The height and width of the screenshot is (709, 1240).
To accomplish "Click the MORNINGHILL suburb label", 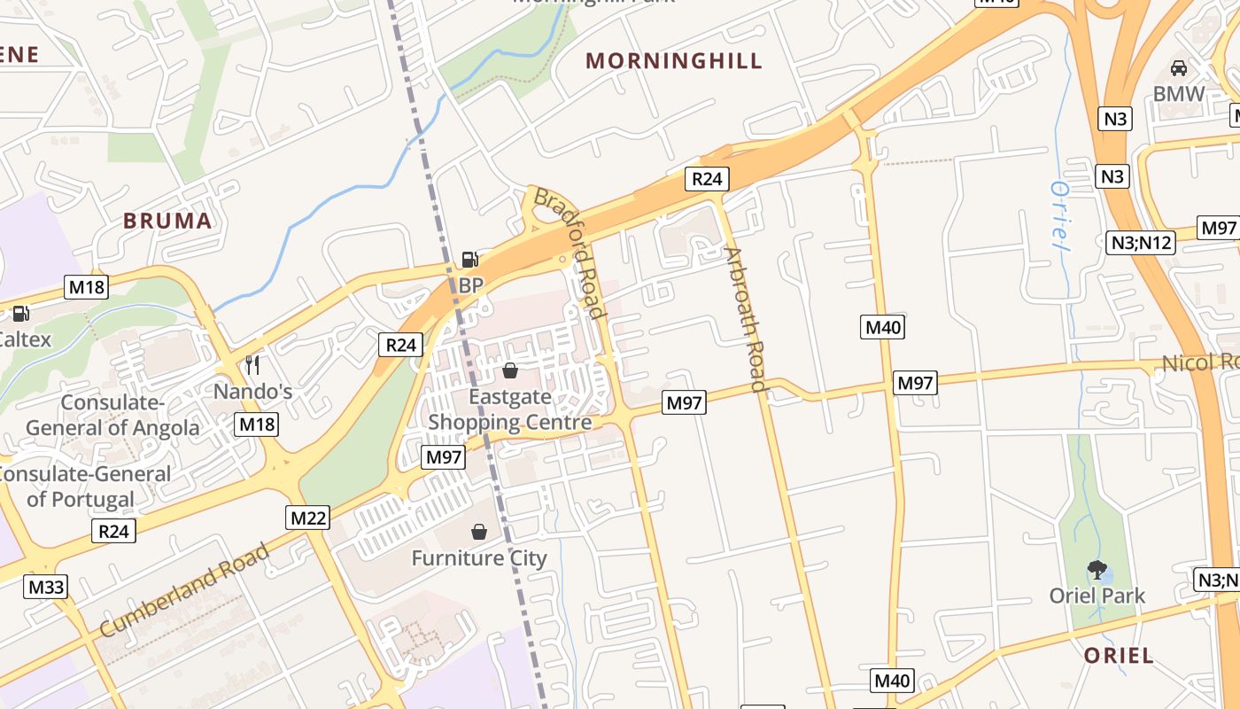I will coord(673,61).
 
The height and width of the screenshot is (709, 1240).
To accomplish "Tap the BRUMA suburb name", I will coord(167,221).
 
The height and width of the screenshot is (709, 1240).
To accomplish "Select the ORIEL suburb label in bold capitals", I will coord(1119,656).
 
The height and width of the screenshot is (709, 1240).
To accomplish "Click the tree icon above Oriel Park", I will coord(1097,569).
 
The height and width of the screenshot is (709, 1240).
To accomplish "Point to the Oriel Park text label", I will coord(1097,596).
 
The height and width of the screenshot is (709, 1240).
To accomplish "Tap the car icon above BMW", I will coord(1179,67).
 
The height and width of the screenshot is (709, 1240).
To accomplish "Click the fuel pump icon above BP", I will coord(469,260).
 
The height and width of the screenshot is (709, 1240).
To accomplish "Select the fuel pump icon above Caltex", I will coord(19,313).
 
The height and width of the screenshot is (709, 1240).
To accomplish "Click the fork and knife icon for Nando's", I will coord(252,364).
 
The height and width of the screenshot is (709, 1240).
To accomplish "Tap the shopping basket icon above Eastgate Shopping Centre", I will coord(509,370).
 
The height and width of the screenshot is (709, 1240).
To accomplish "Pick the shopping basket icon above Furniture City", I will coord(479,532).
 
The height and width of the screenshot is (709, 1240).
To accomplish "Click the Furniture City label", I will coord(479,558).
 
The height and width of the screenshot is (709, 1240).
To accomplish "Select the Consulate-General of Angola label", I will coord(112,415).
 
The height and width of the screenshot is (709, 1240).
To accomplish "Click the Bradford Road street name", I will coord(570,253).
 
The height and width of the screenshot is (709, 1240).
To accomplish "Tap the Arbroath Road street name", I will coord(745,319).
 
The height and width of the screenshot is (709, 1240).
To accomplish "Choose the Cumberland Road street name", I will coord(184,591).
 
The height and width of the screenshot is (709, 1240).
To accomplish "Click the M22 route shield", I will coord(307,518).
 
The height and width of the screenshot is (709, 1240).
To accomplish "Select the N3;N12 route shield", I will coord(1142,242).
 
